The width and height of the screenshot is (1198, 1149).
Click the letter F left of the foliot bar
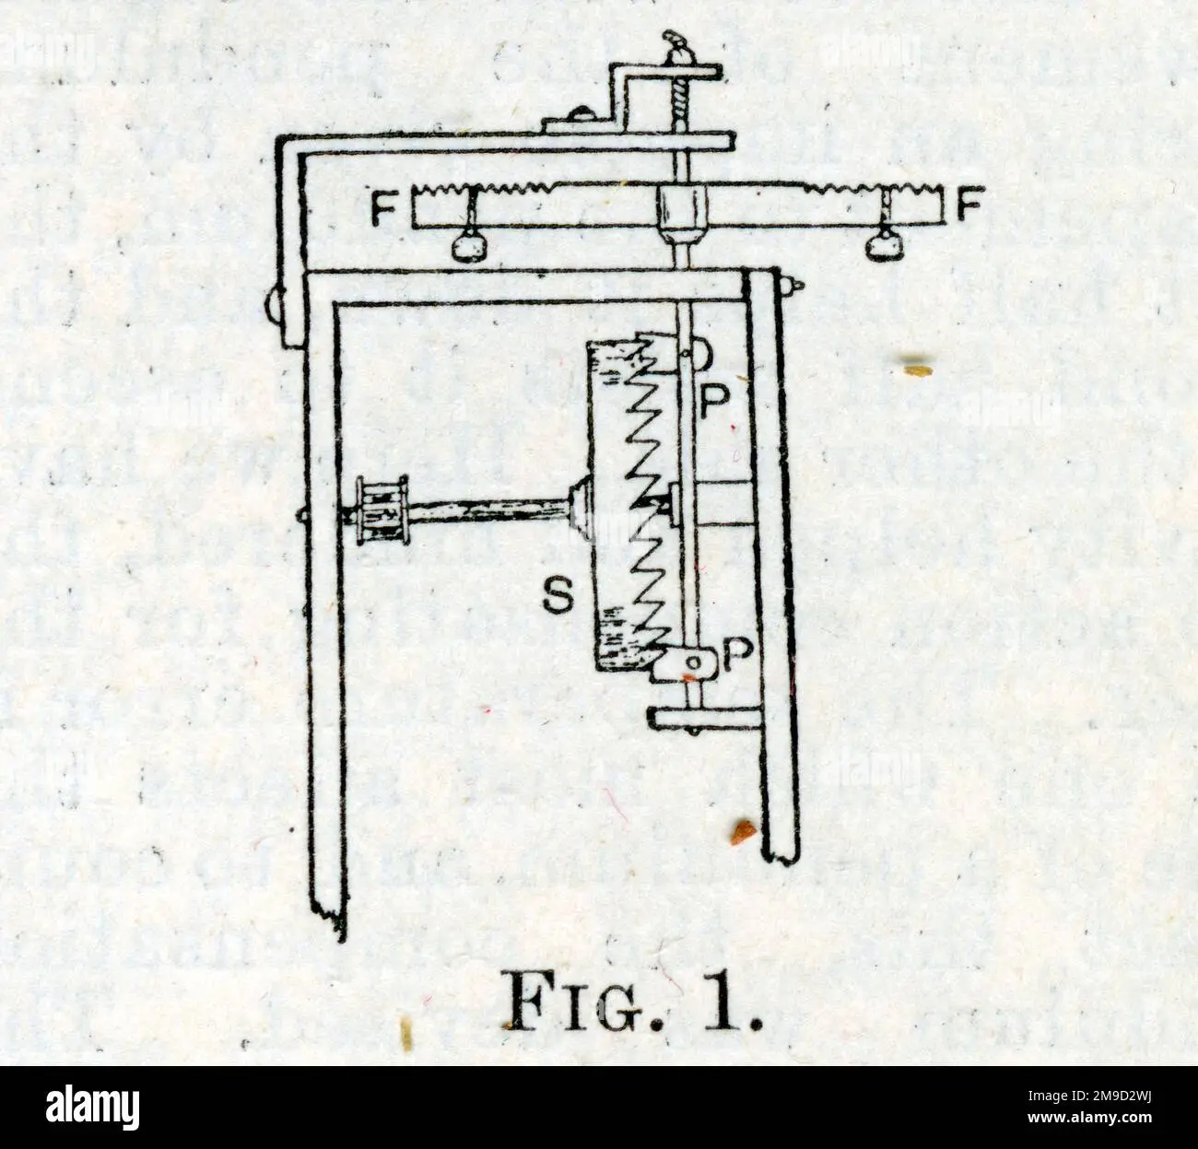click(383, 208)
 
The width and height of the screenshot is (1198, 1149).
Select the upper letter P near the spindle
click(714, 401)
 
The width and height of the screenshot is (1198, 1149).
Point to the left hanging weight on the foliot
click(470, 246)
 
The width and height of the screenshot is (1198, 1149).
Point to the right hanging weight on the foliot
click(886, 246)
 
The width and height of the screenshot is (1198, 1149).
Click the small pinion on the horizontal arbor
click(382, 510)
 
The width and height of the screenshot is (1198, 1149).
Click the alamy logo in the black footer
click(92, 1107)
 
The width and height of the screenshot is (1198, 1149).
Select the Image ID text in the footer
click(1089, 1096)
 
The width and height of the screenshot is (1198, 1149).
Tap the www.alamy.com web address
click(1089, 1118)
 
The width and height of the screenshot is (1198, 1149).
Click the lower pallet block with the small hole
click(685, 664)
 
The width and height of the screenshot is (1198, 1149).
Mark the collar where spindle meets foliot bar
click(680, 209)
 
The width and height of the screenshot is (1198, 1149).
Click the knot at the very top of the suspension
click(677, 44)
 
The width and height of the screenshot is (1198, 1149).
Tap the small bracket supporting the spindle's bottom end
click(706, 719)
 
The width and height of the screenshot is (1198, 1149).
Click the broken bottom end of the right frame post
click(781, 854)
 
